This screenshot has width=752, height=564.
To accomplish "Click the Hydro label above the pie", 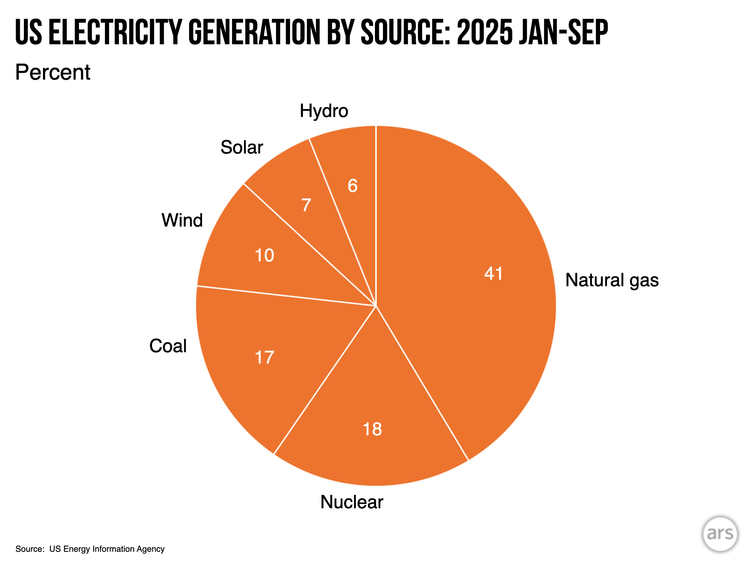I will coord(323,111).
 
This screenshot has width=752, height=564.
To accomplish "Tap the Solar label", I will coord(242,147).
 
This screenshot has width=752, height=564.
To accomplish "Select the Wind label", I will coord(182,220).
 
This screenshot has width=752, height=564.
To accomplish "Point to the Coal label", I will coord(168,346).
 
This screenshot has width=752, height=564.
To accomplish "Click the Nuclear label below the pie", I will coord(351,502).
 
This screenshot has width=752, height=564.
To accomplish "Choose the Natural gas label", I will coord(612,280).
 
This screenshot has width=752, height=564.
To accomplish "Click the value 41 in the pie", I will coord(493,274).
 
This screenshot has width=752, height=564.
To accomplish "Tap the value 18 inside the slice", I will coord(372,429).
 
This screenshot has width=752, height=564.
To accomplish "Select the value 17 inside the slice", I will coord(264,357).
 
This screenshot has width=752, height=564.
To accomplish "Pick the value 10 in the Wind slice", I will coord(264,255).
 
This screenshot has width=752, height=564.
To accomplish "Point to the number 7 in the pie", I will coord(306,205).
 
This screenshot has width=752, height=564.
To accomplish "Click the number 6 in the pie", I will coord(352,186).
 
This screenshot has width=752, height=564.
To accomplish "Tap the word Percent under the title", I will coord(53,72).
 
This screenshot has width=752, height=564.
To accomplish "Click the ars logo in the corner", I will coord(720,534).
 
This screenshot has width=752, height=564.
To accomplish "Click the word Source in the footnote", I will coord(28,549).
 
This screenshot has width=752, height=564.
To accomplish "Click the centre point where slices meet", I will coord(376,305).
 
